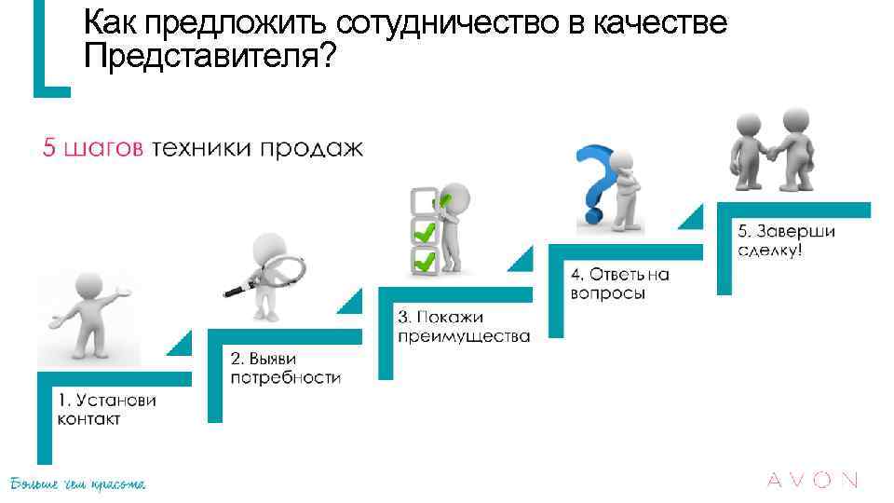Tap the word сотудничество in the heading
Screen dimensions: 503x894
[x=448, y=23]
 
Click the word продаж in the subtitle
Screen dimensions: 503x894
[x=314, y=149]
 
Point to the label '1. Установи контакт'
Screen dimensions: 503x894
[x=106, y=410]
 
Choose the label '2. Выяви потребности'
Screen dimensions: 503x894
[x=285, y=368]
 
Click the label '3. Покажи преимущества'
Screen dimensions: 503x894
[x=463, y=327]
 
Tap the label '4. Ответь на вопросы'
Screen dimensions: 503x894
[x=619, y=283]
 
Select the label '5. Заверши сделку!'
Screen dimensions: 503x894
[x=786, y=240]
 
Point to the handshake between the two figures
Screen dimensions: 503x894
[x=771, y=151]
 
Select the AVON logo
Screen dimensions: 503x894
[x=811, y=481]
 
